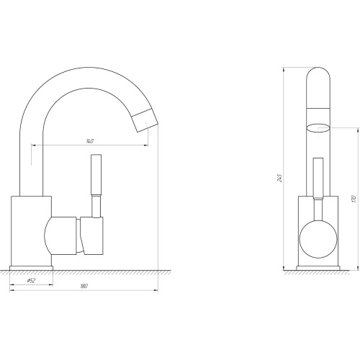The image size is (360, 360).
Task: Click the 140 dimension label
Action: point(90,141)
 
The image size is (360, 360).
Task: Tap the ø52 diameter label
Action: point(31,280)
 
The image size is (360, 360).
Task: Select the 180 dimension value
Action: point(84,286)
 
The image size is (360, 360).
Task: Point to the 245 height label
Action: point(280,178)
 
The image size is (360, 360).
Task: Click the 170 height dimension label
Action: point(354,199)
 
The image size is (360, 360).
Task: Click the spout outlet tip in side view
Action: point(145,120)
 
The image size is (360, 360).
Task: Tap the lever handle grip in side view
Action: point(96,174)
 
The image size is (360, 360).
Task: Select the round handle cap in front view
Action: point(318,239)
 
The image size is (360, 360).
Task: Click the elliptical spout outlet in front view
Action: point(318,128)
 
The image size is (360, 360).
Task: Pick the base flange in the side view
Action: point(31,268)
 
